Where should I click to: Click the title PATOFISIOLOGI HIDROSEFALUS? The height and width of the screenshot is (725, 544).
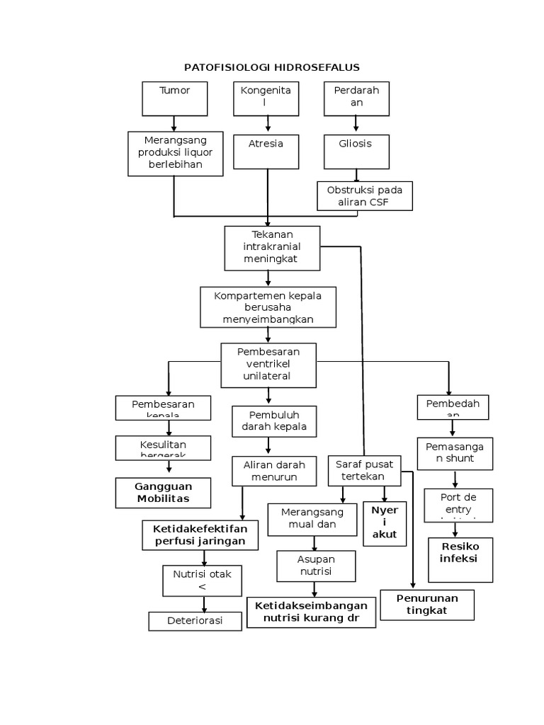tap(272, 67)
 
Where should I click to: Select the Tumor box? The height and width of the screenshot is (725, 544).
tap(174, 98)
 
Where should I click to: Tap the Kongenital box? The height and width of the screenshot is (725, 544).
tap(267, 98)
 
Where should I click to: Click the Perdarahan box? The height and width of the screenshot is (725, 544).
tap(356, 98)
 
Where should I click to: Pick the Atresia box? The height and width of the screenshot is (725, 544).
tap(267, 150)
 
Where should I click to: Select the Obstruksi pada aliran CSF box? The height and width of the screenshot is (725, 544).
tap(364, 196)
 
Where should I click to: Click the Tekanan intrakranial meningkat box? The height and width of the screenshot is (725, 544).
tap(272, 248)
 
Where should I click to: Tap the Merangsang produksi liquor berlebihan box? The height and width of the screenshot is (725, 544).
tap(174, 153)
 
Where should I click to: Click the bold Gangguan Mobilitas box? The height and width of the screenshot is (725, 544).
tap(163, 493)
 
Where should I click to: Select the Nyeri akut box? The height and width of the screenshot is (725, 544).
tap(385, 523)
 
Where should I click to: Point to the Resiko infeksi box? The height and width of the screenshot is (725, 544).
tap(460, 559)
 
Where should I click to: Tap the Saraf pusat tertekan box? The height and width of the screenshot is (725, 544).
tap(363, 471)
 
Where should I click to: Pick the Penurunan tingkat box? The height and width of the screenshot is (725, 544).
tap(427, 605)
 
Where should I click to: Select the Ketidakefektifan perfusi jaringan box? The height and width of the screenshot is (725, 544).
tap(200, 535)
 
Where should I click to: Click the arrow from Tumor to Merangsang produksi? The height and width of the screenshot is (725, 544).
tap(174, 123)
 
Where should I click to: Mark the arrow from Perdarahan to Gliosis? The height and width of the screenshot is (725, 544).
tap(356, 123)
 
